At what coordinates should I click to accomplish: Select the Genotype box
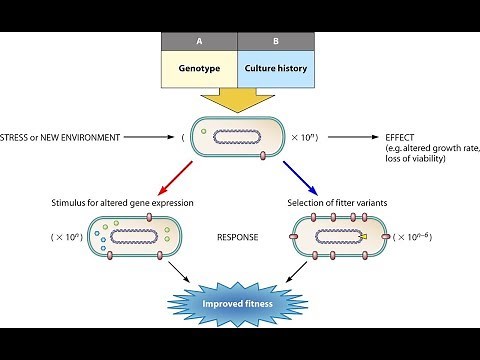[x=198, y=70]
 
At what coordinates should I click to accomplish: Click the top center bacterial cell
[x=239, y=137]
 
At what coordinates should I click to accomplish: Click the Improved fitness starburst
[x=239, y=303]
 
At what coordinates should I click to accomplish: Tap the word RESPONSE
[x=238, y=239]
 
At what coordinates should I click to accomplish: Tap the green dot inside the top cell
[x=204, y=130]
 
